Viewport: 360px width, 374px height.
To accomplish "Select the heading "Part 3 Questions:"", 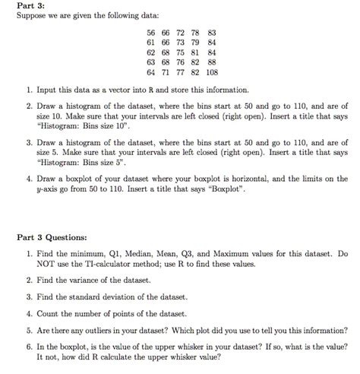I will [x=52, y=236].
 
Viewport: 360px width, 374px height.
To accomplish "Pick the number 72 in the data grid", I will [x=182, y=33].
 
